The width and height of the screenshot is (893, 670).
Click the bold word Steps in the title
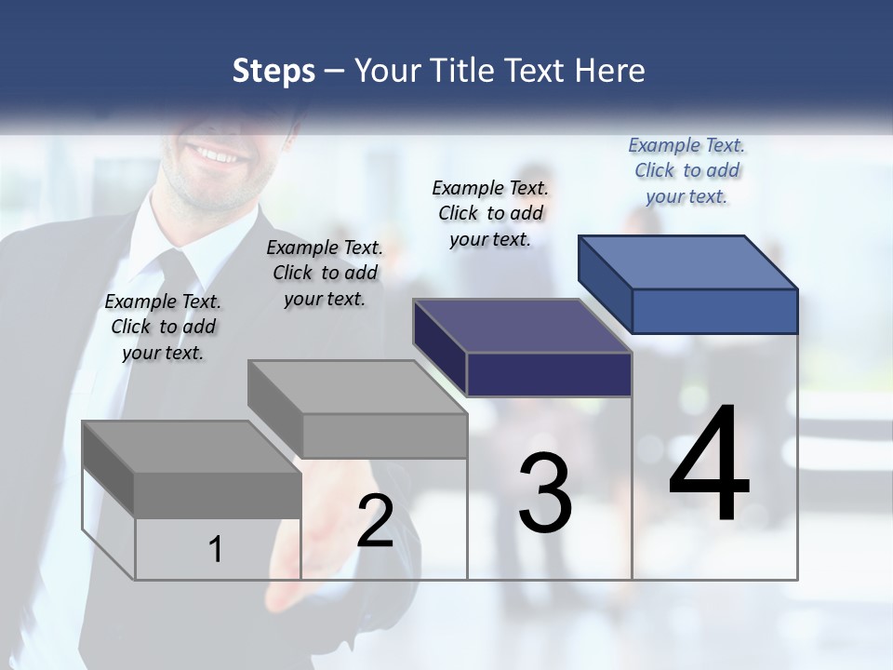pos(273,71)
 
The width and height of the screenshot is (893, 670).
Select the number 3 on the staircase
pos(545,493)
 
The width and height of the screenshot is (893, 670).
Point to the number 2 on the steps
pos(375,521)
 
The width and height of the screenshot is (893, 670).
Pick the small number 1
pos(216,549)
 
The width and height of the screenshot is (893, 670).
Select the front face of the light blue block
pos(714,311)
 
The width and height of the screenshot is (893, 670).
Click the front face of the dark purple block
pos(549,374)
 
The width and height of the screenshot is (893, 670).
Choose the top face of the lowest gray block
pos(192,447)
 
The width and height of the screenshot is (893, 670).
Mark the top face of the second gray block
pos(357,387)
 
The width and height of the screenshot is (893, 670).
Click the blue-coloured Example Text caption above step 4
pos(686,170)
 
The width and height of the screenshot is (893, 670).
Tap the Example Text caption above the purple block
pos(490,213)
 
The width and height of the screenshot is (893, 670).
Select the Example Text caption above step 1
pos(163,327)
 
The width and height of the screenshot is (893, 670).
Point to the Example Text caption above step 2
pos(325,273)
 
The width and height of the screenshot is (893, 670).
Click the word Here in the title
pos(610,71)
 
